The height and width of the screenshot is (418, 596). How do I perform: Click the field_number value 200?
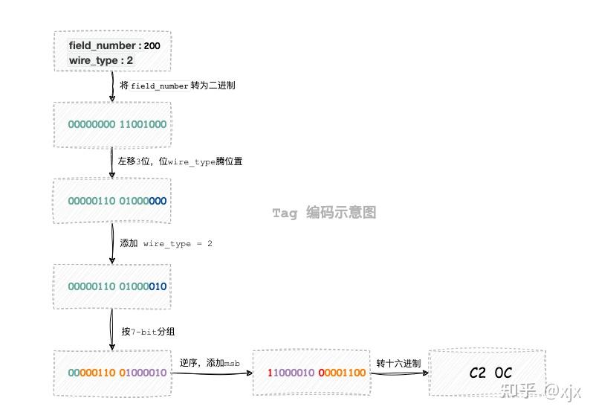coord(152,46)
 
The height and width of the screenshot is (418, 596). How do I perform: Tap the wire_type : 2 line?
coord(101,60)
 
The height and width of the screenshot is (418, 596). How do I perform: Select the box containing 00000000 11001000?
coord(113,124)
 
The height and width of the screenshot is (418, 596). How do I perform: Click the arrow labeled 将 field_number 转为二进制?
coord(112,86)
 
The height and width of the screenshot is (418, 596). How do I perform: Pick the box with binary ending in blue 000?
coord(113,201)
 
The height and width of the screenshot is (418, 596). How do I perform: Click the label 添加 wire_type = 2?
coord(166,243)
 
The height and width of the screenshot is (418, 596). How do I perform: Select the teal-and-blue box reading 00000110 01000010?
coord(113,286)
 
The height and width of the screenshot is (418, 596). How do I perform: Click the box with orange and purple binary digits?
coord(113,372)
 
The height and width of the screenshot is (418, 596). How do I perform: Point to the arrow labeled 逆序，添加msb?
coord(210,373)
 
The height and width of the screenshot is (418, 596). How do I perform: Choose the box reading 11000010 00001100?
coord(312,372)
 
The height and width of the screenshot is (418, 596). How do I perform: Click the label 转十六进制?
coord(398,363)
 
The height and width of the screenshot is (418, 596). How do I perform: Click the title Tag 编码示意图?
coord(324,213)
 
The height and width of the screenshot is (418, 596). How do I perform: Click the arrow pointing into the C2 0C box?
coord(398,373)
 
